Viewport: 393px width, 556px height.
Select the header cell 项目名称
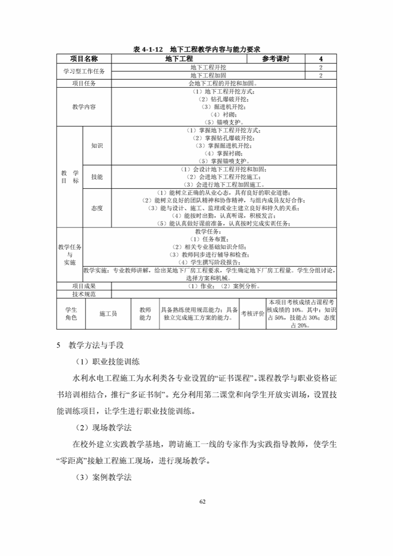(84, 59)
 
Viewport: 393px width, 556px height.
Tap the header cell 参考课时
(276, 59)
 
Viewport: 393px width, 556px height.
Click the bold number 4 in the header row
(321, 59)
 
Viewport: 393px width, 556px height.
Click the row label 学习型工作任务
(84, 71)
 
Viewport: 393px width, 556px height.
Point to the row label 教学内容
(84, 107)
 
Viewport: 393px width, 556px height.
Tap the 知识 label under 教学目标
(97, 146)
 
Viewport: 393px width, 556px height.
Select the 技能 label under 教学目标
(97, 177)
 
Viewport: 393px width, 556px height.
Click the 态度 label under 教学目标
(97, 208)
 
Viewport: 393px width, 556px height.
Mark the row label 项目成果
(84, 286)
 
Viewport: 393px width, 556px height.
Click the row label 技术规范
(84, 294)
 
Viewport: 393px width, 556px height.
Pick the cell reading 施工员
(108, 314)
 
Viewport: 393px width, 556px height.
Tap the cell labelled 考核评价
(253, 314)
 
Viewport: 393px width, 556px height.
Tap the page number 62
(202, 501)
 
